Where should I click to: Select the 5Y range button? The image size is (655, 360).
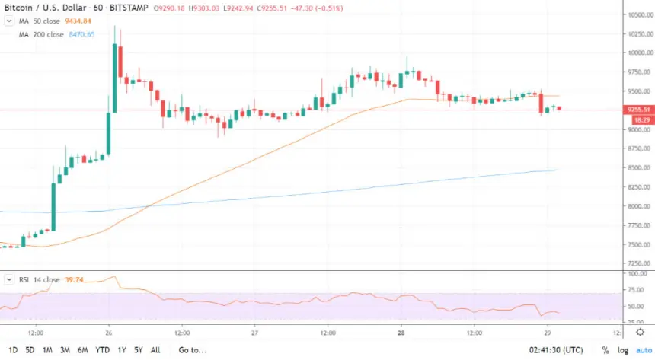137,350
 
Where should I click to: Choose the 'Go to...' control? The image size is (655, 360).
193,350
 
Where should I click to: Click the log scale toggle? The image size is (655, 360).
622,350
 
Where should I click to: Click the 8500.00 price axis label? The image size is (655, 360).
637,167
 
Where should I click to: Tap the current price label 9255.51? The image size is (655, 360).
637,110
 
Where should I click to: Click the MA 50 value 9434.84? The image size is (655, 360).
78,21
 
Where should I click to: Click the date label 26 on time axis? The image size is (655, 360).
109,333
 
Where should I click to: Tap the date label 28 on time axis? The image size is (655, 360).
401,333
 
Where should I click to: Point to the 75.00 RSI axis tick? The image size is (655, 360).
637,289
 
